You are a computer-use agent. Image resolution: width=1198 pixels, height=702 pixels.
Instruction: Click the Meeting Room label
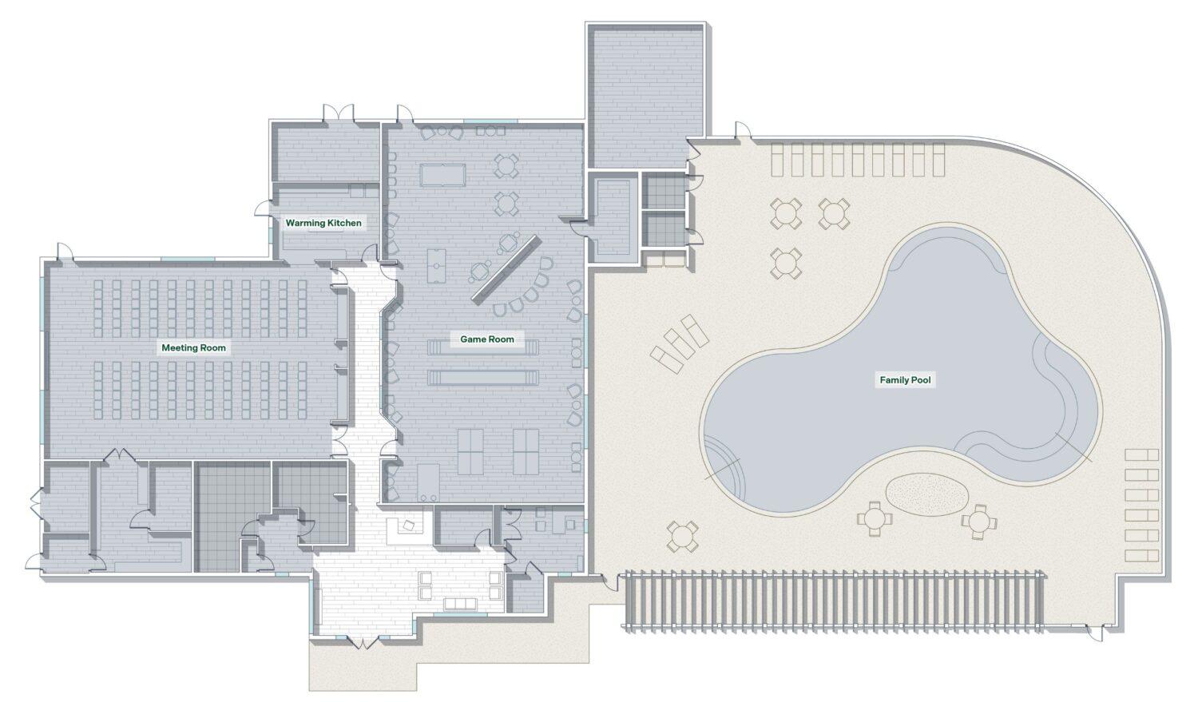(x=193, y=348)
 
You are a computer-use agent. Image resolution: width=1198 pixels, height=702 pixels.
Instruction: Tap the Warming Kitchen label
(x=323, y=223)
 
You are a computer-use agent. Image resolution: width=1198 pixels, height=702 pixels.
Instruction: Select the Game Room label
(x=487, y=339)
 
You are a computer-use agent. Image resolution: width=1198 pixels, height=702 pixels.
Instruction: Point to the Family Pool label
(x=906, y=380)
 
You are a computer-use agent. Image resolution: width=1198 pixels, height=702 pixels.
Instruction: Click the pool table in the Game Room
(x=442, y=175)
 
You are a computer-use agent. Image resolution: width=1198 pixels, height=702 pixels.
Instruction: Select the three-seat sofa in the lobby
(x=460, y=604)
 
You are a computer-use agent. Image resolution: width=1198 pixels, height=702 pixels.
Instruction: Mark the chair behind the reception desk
(x=409, y=526)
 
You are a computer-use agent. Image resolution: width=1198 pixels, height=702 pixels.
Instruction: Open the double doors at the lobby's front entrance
(x=363, y=642)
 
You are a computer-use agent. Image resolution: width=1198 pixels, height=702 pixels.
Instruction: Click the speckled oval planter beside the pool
(x=926, y=494)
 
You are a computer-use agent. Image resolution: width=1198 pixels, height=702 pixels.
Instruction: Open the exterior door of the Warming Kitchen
(x=262, y=208)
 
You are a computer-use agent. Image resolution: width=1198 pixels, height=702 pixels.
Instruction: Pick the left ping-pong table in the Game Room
(x=470, y=452)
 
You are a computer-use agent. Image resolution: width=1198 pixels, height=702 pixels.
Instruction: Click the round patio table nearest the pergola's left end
(x=682, y=536)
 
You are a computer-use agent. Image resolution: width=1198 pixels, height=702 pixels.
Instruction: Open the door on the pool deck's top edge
(x=742, y=130)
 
